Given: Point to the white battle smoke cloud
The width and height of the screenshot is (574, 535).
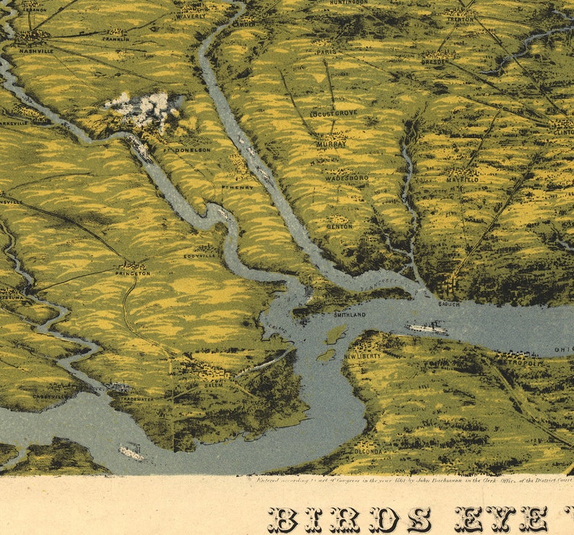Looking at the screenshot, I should (145, 108).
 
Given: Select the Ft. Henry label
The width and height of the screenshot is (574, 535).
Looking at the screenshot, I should (239, 188).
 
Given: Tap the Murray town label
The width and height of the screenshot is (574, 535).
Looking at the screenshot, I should (332, 145).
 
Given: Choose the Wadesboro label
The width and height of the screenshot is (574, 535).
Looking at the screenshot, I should (347, 177).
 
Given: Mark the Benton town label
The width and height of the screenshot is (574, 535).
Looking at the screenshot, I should (340, 226).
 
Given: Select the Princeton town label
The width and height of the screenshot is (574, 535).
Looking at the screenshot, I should (132, 273).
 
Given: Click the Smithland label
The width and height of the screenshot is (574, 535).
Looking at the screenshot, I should (350, 315).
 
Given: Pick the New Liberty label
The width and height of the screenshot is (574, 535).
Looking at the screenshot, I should (361, 356).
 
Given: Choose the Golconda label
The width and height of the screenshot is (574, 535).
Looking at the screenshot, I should (368, 452).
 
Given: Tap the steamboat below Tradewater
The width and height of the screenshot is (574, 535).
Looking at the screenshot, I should (132, 453).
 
